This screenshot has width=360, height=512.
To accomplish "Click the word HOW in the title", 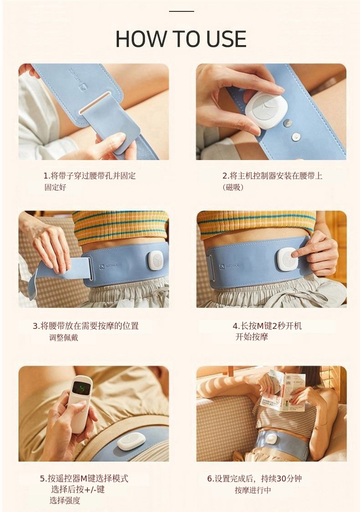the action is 140,39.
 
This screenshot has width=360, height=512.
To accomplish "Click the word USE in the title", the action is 226,39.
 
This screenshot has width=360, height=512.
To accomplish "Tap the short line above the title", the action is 182,11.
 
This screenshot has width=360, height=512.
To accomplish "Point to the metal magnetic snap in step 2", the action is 288,123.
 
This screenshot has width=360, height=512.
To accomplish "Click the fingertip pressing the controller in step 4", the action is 294,254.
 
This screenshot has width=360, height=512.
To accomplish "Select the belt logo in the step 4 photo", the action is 229,266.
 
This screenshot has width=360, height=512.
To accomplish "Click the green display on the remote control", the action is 78,389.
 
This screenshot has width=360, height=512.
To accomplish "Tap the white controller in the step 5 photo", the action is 132,441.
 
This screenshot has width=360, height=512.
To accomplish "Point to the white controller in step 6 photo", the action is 271,438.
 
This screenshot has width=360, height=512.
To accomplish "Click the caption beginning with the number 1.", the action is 89,181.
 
